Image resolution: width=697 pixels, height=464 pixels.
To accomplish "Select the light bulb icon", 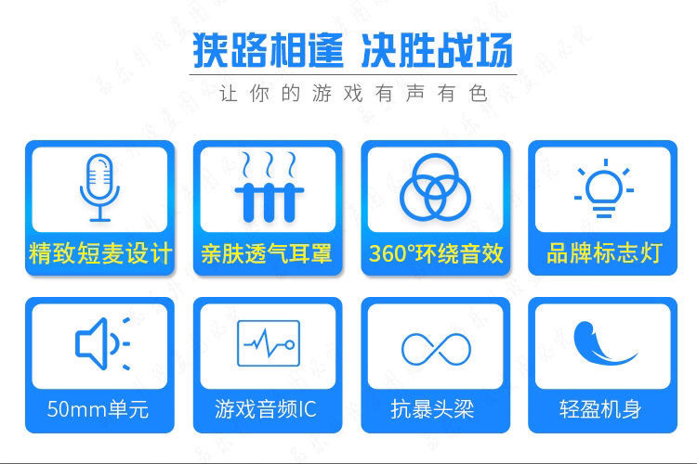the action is point(604,188).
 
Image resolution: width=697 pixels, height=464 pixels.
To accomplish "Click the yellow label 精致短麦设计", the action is point(100,253).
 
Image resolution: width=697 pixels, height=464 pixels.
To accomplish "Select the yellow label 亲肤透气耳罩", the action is point(267,253).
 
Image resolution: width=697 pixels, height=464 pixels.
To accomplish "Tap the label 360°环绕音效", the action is point(436,253).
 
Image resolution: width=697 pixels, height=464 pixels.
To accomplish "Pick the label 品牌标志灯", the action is point(604,253).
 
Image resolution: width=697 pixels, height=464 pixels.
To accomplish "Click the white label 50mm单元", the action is point(98,409).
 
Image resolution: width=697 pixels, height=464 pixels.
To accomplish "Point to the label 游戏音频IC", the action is point(266,409).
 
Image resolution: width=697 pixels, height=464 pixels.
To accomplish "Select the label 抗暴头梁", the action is point(432,409).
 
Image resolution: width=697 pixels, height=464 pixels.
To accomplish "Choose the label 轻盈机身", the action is point(600,409).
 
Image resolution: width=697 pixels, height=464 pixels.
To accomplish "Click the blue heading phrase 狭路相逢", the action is point(268,50).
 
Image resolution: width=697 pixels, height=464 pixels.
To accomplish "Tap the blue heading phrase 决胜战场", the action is point(437,50).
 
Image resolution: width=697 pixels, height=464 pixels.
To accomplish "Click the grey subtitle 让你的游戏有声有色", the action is point(354,94).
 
